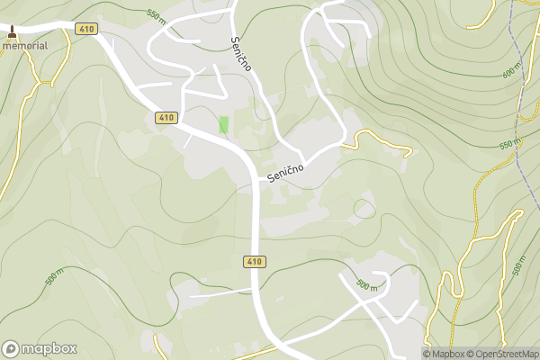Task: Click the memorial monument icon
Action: (12, 31)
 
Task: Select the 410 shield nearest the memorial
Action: (86, 30)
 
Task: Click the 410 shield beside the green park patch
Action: (166, 118)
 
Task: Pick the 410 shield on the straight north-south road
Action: (254, 262)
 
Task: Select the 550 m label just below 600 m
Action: (509, 143)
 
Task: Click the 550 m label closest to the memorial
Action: (157, 15)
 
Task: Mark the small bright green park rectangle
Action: (223, 125)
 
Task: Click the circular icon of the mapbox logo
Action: (12, 348)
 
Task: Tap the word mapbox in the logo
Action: (49, 349)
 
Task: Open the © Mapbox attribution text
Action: (445, 354)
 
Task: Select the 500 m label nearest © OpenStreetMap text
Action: (519, 266)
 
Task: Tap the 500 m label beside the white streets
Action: (366, 284)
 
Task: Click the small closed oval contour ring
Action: (364, 209)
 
